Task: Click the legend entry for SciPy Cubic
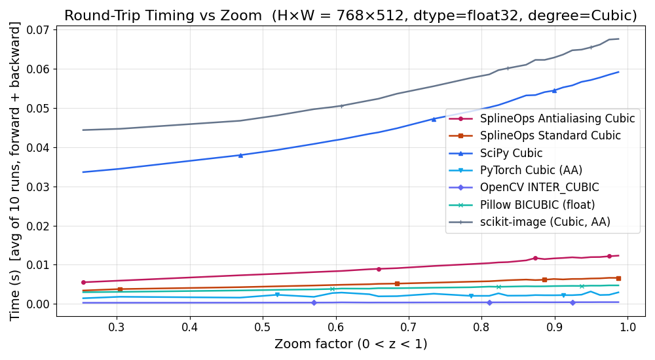511,153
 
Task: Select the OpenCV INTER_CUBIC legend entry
539,188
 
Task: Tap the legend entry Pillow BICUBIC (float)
537,205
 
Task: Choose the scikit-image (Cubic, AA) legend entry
545,223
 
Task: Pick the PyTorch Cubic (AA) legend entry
531,171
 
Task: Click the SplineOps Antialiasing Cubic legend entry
557,118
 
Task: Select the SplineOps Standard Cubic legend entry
550,136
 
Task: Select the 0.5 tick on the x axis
263,327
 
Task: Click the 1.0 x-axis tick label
628,327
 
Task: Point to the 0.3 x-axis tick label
117,327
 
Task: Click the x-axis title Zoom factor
350,344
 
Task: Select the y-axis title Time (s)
15,171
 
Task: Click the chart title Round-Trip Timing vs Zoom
350,16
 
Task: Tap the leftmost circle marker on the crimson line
83,282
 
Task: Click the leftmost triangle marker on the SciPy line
240,155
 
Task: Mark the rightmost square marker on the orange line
618,278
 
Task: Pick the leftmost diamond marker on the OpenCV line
314,302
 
